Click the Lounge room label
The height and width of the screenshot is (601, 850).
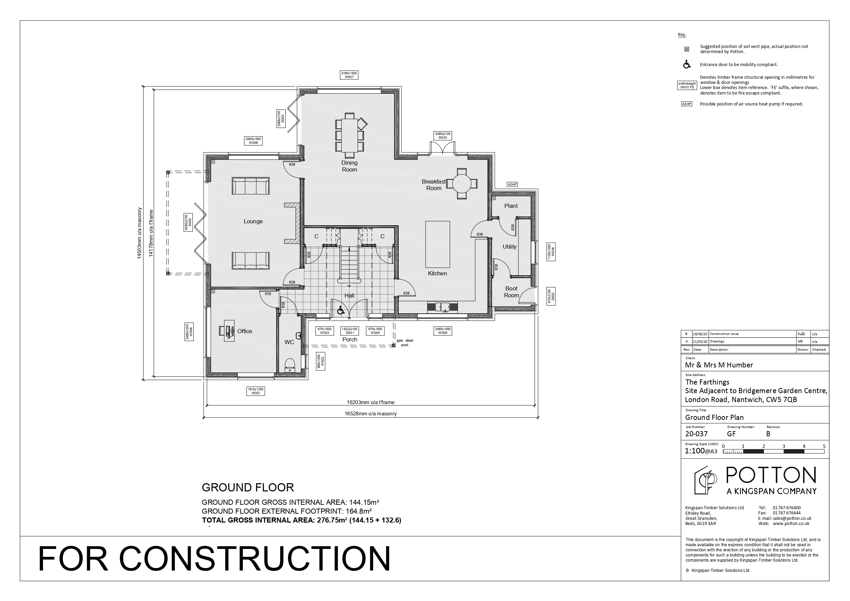(x=253, y=222)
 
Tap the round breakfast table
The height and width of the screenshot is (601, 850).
(x=461, y=184)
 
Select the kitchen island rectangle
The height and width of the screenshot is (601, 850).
(x=437, y=245)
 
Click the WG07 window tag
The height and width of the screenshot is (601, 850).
(x=349, y=75)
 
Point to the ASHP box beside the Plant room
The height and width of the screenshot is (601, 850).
(x=512, y=185)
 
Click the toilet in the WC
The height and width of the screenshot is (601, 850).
(x=289, y=364)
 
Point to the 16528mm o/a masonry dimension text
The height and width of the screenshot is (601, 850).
(x=370, y=414)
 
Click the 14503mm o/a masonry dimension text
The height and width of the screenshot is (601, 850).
(x=140, y=233)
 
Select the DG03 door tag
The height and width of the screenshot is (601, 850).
(x=443, y=136)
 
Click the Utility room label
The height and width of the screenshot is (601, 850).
(x=509, y=247)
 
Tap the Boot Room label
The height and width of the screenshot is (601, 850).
(x=511, y=292)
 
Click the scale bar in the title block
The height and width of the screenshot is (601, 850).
(x=773, y=451)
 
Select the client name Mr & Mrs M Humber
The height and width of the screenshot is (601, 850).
(x=718, y=365)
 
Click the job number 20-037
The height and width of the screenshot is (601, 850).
(x=696, y=434)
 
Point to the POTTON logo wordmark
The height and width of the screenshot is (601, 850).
(x=771, y=475)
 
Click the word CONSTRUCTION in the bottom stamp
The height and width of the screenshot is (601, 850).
(x=254, y=559)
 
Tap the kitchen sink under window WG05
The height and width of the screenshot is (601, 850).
(x=442, y=307)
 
